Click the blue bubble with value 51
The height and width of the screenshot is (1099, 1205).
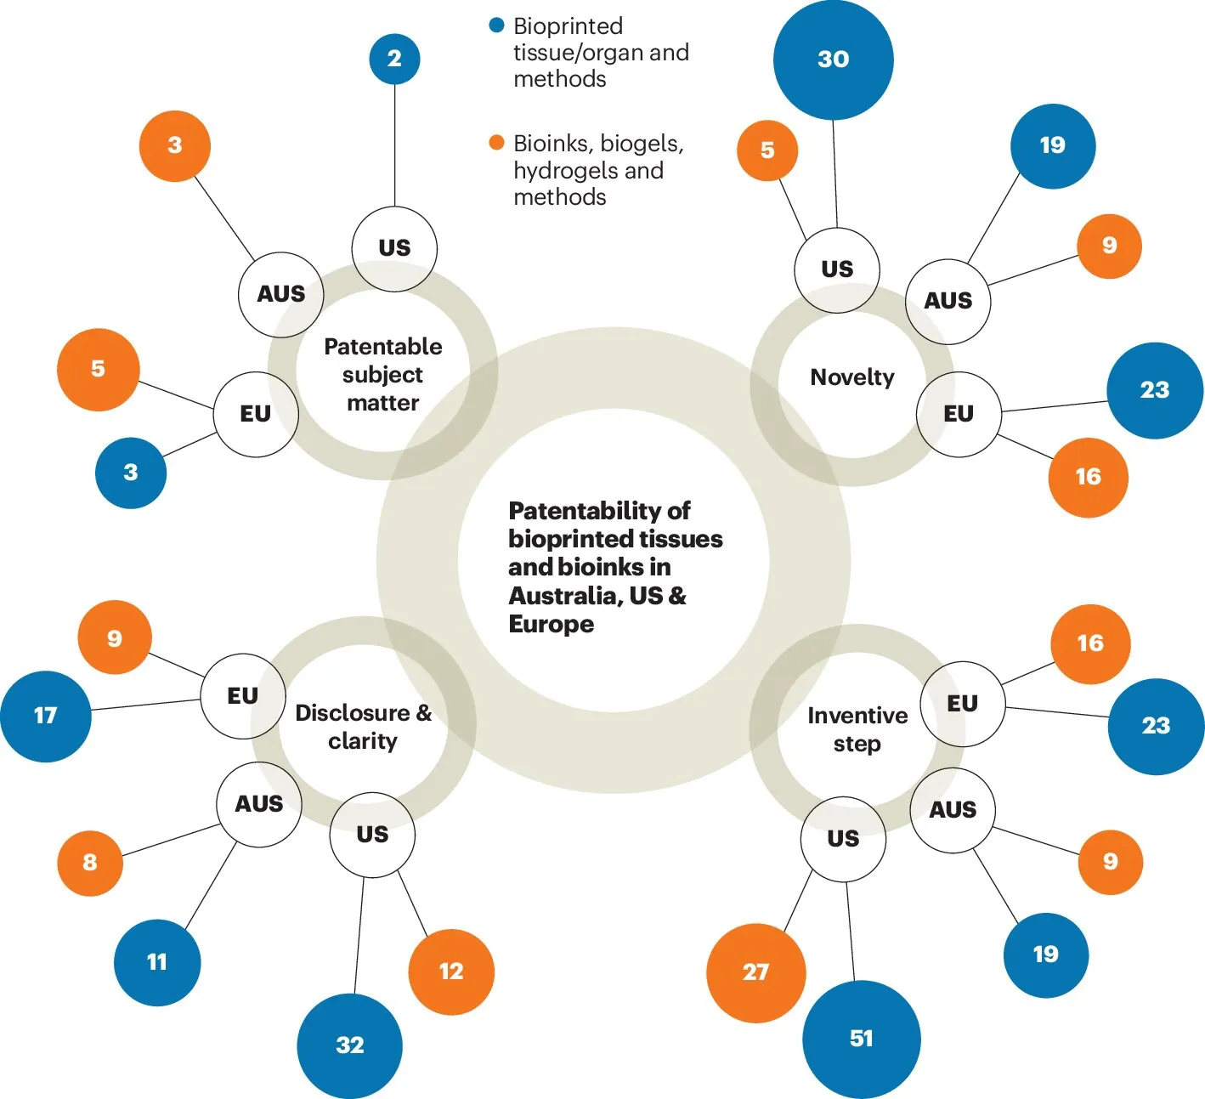coord(861,1039)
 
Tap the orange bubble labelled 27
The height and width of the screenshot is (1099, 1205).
coord(755,972)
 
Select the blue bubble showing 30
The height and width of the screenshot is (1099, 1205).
coord(833,59)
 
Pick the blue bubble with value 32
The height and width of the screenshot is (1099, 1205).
coord(349,1045)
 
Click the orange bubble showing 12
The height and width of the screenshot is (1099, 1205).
coord(451,972)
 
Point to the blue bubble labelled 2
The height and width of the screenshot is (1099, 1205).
coord(394,59)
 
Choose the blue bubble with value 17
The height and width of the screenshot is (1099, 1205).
coord(46,716)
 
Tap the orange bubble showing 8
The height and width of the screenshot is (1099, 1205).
coord(90,863)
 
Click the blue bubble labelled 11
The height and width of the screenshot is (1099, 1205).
coord(157,962)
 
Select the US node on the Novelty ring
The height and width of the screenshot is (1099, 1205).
coord(837,269)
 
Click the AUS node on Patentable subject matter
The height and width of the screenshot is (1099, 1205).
coord(281,294)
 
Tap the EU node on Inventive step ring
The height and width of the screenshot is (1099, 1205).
coord(962,704)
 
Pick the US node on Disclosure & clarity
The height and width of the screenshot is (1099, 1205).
coord(372,835)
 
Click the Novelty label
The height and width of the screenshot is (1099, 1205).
coord(852,377)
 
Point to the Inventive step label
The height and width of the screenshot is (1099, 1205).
coord(857,729)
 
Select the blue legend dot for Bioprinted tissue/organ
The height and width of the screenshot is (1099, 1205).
coord(497,25)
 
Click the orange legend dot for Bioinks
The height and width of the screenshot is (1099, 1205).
coord(497,142)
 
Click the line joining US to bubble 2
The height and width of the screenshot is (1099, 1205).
coord(394,144)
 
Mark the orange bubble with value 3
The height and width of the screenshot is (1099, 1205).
coord(175,145)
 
